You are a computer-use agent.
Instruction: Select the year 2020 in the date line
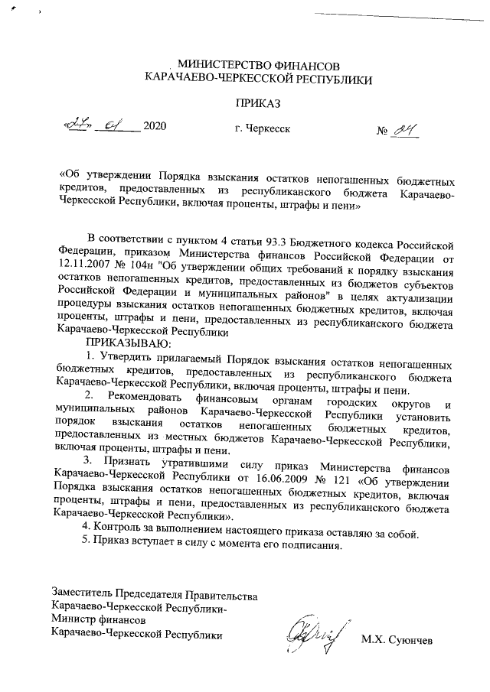[155, 126]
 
